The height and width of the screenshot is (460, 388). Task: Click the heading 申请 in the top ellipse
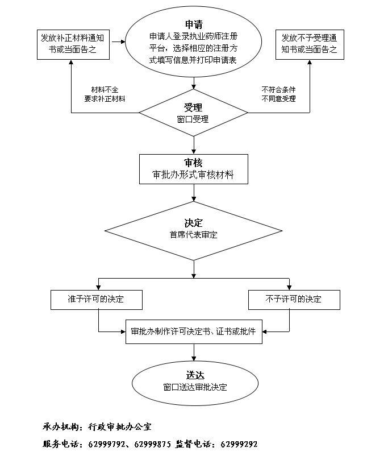click(x=194, y=24)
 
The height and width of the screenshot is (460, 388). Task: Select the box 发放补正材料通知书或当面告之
click(x=72, y=44)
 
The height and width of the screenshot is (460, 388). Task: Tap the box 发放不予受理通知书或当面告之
click(x=310, y=44)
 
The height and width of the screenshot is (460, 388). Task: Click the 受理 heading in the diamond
click(x=193, y=107)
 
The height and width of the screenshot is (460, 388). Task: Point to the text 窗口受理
click(x=193, y=119)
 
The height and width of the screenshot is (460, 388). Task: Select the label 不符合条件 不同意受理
click(x=278, y=94)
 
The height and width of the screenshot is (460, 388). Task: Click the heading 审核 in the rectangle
click(x=194, y=163)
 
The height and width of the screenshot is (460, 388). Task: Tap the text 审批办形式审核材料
click(x=194, y=175)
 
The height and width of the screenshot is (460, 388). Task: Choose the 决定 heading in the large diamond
click(x=193, y=222)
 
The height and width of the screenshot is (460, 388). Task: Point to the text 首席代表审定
click(x=193, y=234)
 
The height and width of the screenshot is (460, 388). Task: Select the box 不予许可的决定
click(x=294, y=299)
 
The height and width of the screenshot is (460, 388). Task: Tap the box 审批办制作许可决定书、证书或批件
click(x=194, y=331)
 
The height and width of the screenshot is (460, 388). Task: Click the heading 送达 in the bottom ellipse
click(x=194, y=375)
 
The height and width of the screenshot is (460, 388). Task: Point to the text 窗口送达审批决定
click(x=194, y=387)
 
